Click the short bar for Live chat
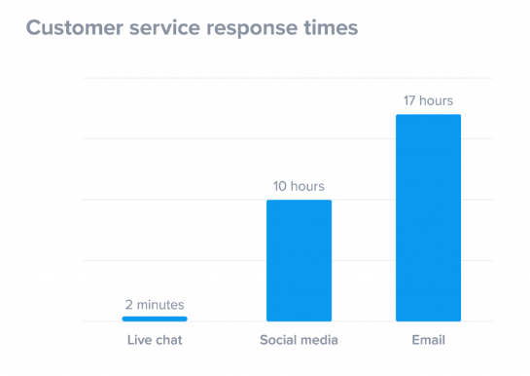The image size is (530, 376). click(155, 319)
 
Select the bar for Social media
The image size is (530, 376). click(299, 260)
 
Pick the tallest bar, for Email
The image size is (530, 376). click(428, 217)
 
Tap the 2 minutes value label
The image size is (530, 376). click(155, 304)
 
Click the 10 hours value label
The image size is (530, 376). click(299, 186)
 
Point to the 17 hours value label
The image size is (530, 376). click(428, 100)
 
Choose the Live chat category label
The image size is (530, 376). click(155, 340)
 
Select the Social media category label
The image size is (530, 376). click(299, 340)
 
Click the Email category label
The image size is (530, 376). click(428, 340)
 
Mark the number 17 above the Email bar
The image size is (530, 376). click(409, 100)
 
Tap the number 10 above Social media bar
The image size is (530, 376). click(280, 186)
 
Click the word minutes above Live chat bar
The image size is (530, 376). click(160, 304)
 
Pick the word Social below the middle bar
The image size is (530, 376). click(280, 340)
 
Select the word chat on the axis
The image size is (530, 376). click(168, 340)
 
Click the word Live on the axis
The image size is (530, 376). click(139, 340)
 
